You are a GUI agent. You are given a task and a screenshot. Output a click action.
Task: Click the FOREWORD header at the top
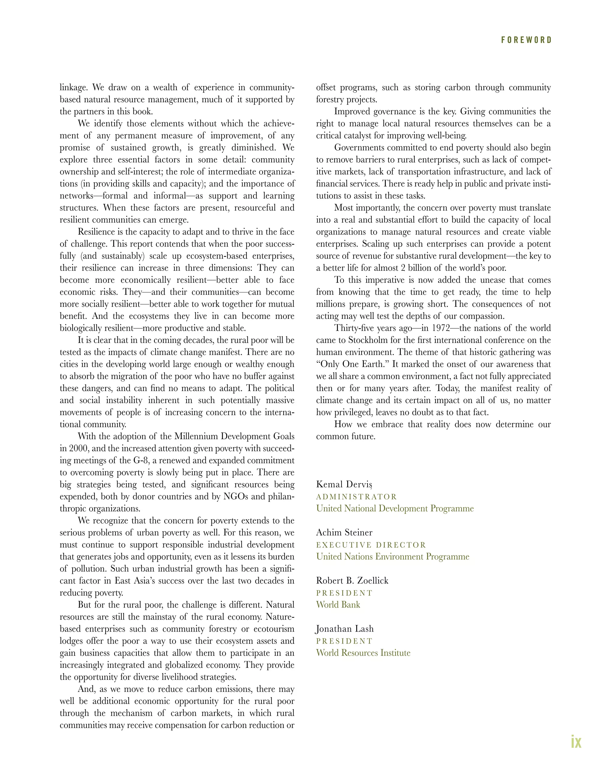point(526,40)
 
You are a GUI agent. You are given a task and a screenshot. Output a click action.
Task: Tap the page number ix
point(576,742)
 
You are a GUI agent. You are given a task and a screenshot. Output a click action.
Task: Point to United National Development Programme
point(395,509)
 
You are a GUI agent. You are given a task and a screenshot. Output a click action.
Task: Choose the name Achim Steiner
point(344,532)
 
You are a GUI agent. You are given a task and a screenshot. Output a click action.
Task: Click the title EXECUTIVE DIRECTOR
point(371,545)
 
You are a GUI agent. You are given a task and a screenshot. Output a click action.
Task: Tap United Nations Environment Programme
point(392,557)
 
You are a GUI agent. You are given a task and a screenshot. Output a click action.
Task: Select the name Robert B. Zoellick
point(352,581)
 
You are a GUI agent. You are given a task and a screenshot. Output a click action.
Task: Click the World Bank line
point(338,605)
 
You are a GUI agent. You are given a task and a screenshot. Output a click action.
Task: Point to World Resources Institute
point(363,653)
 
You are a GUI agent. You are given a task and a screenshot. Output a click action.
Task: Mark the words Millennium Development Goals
point(234,437)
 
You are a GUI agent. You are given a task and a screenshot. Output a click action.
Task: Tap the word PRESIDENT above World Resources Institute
point(344,641)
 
